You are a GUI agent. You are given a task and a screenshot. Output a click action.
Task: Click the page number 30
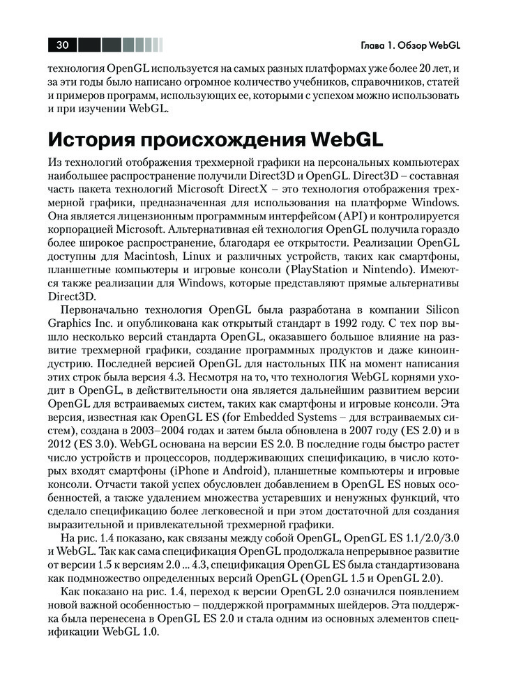(x=61, y=45)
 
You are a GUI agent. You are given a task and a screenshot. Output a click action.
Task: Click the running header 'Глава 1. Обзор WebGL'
(x=411, y=46)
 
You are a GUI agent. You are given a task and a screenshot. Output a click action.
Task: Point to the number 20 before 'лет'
(x=417, y=70)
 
